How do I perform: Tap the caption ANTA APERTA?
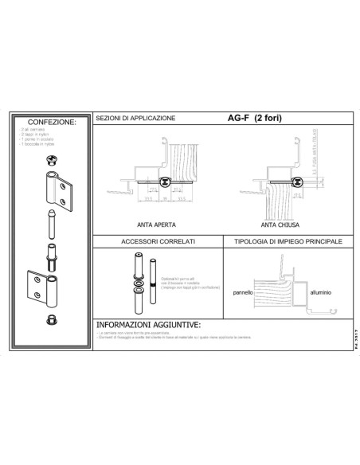(x=156, y=225)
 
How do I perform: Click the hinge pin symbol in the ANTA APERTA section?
(x=165, y=182)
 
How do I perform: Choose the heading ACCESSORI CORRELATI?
(x=155, y=240)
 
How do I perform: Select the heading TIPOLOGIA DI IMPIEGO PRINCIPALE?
(x=284, y=240)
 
